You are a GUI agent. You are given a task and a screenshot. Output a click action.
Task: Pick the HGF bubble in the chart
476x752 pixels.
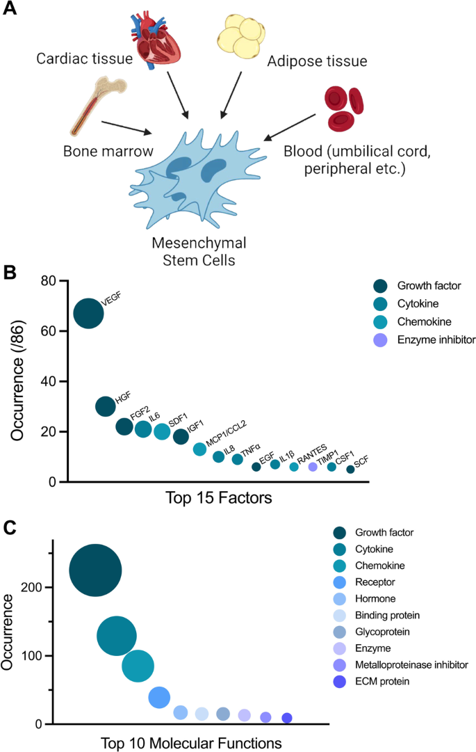(105, 406)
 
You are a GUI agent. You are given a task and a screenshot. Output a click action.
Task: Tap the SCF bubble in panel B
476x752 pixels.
(350, 470)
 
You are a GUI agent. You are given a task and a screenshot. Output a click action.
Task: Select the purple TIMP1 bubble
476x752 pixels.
(313, 467)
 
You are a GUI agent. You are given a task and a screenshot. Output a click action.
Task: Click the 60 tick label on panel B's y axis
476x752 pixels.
(47, 331)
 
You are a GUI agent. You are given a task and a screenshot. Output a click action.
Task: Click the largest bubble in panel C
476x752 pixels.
(96, 570)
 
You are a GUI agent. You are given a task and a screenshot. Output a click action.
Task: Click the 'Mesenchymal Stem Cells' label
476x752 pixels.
(199, 253)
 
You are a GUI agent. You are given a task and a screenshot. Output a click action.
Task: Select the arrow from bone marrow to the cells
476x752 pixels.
(126, 127)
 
